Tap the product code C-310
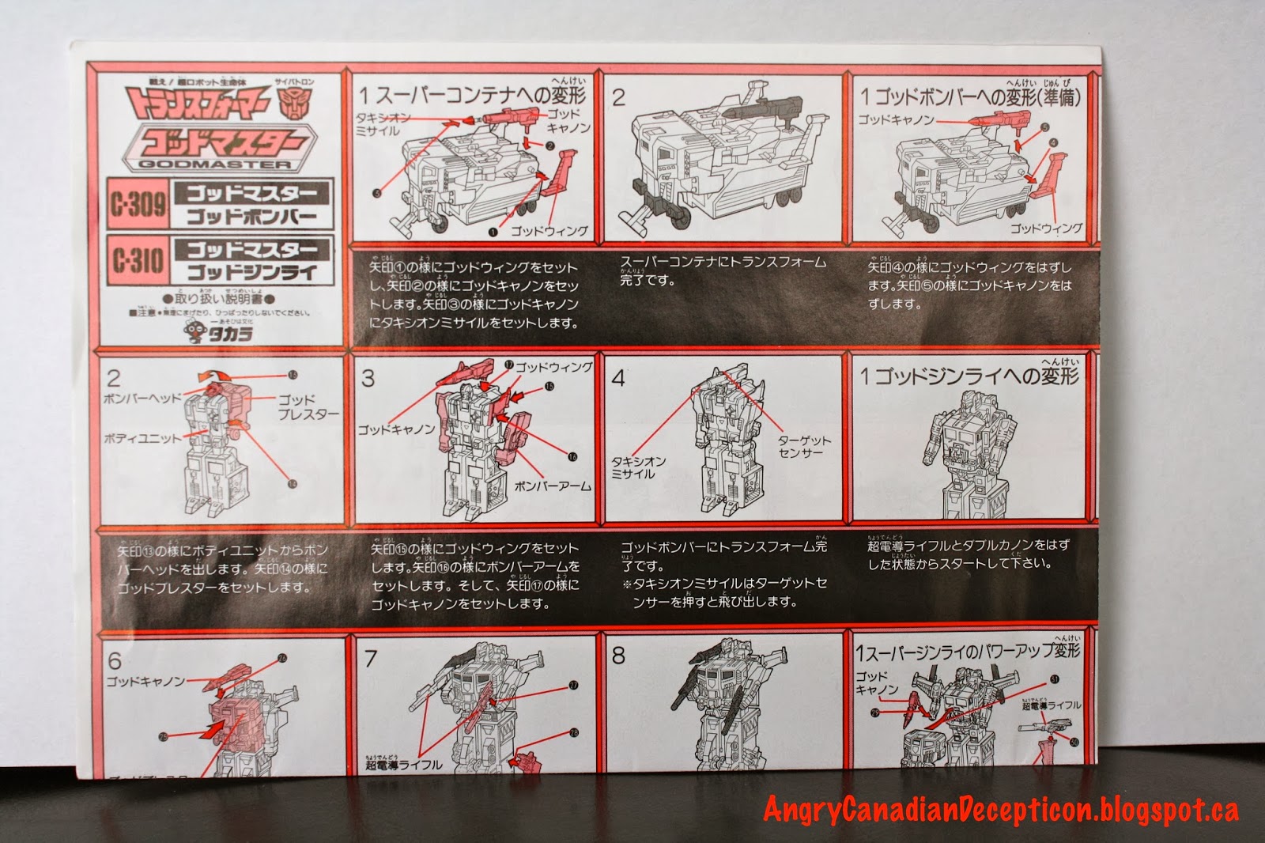click(x=138, y=259)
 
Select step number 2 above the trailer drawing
click(x=619, y=97)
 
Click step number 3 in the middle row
click(x=368, y=378)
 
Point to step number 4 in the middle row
click(x=618, y=378)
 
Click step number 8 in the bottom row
click(x=619, y=656)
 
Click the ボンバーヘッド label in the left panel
click(x=142, y=398)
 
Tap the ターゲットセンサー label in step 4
click(x=804, y=446)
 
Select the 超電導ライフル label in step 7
click(x=403, y=765)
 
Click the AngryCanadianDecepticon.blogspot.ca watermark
click(x=1000, y=809)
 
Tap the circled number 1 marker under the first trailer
click(x=492, y=232)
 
